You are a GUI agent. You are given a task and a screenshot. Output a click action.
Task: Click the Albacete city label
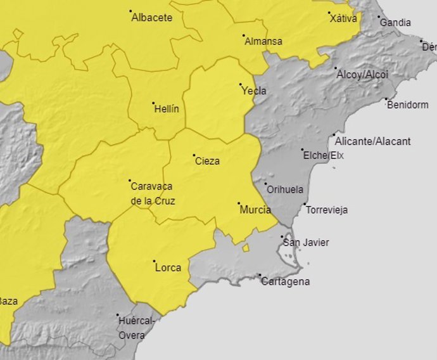click(x=151, y=18)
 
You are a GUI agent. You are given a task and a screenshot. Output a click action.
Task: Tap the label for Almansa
click(x=263, y=42)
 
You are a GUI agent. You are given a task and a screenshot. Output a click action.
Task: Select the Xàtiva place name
click(x=343, y=18)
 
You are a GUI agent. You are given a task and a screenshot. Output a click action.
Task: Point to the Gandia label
click(x=395, y=23)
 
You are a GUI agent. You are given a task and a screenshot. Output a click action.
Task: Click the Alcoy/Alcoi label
click(x=362, y=75)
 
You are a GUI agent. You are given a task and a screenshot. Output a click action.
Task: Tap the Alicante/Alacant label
click(x=372, y=141)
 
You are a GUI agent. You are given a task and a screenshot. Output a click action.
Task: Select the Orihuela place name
click(x=285, y=190)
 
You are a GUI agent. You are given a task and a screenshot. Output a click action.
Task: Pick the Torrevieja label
click(x=326, y=210)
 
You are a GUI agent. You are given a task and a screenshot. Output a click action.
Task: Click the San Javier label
click(x=306, y=243)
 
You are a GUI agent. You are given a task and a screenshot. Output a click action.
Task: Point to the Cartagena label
click(x=286, y=281)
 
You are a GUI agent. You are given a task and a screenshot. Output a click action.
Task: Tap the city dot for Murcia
click(x=239, y=203)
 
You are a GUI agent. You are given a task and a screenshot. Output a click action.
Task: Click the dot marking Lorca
click(x=154, y=260)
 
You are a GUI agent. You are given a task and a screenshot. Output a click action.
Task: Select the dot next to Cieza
click(x=194, y=155)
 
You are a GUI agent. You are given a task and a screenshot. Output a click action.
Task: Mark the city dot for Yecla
click(x=241, y=85)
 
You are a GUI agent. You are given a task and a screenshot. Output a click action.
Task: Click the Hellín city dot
click(x=153, y=103)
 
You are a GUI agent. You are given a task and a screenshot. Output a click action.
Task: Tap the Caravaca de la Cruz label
click(x=152, y=194)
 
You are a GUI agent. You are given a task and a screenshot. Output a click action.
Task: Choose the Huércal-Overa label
click(x=136, y=328)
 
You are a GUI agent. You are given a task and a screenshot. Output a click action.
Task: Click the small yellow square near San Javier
click(x=246, y=248)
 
